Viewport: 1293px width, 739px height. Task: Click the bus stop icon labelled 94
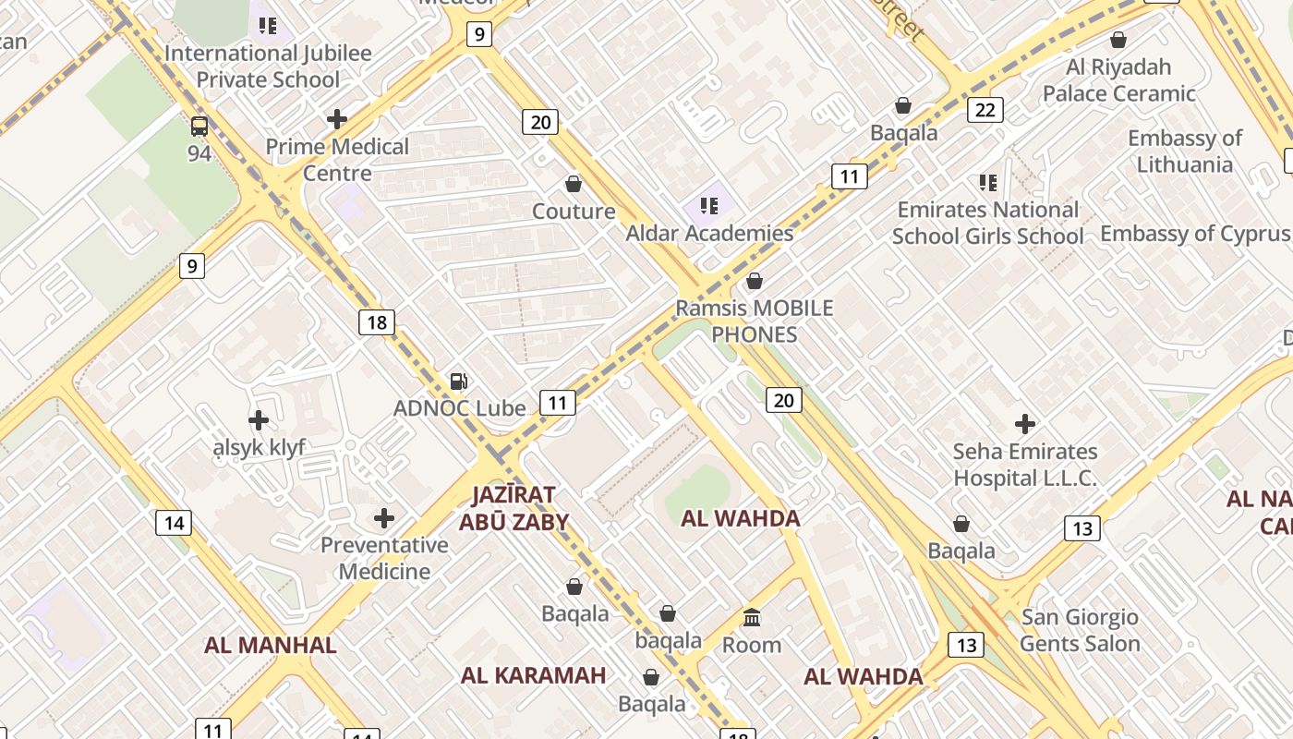pos(199,127)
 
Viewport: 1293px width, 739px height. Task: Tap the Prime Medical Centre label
pos(337,160)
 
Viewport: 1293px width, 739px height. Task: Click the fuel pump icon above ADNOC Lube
pos(458,381)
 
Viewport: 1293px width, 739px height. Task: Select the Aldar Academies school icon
pos(709,205)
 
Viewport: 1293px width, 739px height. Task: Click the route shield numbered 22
pos(985,111)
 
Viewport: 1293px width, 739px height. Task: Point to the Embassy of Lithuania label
pos(1185,151)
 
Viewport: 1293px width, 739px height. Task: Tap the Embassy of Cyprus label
pos(1195,233)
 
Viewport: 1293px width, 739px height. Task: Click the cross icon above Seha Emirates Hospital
pos(1024,424)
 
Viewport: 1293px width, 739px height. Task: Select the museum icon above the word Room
pos(752,617)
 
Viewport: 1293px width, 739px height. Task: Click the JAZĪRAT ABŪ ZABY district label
pos(514,508)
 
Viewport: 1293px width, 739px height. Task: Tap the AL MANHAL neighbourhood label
pos(271,645)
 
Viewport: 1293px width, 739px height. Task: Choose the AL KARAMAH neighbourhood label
pos(534,675)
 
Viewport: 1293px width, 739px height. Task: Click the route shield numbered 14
pos(173,523)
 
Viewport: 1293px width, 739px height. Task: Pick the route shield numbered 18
pos(376,322)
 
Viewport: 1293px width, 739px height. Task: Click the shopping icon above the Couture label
pos(574,184)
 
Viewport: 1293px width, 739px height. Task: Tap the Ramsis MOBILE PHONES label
pos(755,321)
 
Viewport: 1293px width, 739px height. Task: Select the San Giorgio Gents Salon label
pos(1080,630)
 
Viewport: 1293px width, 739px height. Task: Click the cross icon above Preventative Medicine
pos(384,517)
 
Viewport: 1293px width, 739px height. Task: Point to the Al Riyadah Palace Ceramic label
pos(1118,80)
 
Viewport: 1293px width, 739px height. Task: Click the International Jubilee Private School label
pos(268,66)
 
